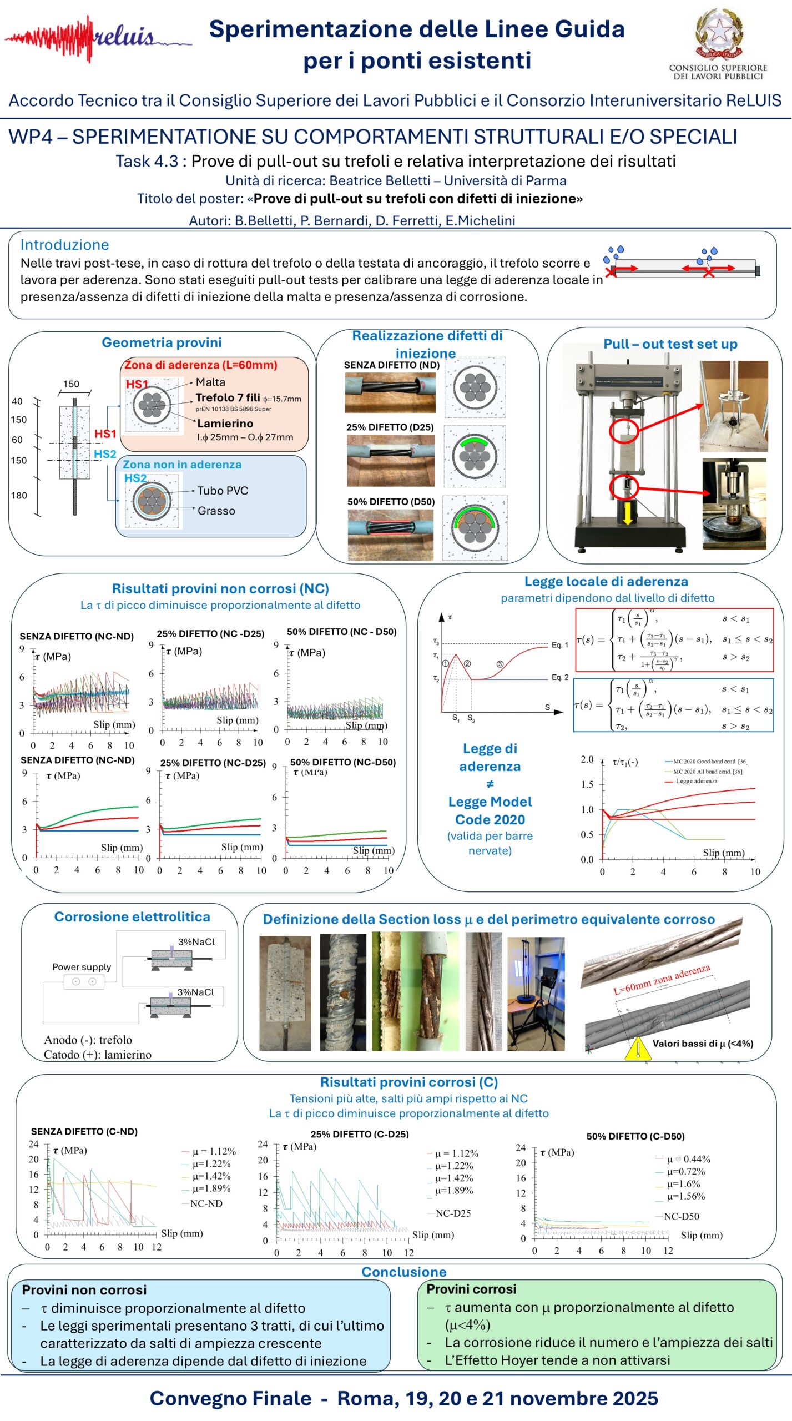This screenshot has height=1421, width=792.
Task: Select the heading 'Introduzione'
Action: coord(64,245)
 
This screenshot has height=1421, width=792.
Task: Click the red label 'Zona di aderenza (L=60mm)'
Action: coord(200,365)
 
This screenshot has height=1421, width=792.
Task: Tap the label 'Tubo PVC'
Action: coord(223,491)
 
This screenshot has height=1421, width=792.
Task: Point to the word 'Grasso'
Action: coord(216,511)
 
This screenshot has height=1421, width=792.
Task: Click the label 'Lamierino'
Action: coord(225,424)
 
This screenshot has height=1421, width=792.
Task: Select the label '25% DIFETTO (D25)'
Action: coord(390,427)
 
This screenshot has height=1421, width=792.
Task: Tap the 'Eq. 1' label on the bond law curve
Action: coord(559,645)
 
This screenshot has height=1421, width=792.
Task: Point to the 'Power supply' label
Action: coord(82,966)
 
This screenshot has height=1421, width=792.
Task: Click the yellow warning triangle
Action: coord(638,1049)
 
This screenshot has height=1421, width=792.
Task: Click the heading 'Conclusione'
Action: coord(403,1272)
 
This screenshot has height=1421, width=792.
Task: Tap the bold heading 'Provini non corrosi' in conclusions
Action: coord(84,1289)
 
